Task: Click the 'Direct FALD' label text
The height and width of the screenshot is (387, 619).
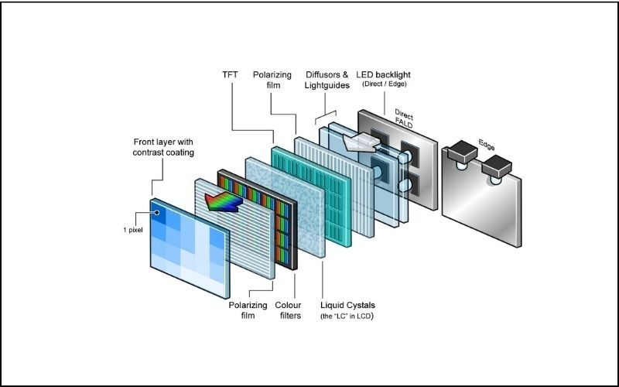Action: tap(403, 116)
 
